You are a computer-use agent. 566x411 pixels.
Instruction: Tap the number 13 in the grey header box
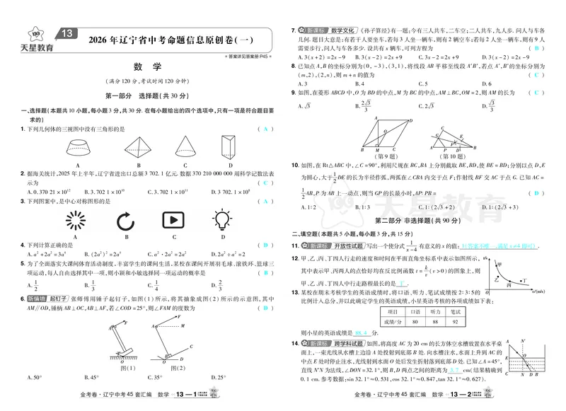pyautogui.click(x=67, y=33)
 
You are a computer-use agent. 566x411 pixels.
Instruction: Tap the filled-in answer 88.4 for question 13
pyautogui.click(x=362, y=332)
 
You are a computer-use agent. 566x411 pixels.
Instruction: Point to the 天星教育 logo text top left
pyautogui.click(x=37, y=47)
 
